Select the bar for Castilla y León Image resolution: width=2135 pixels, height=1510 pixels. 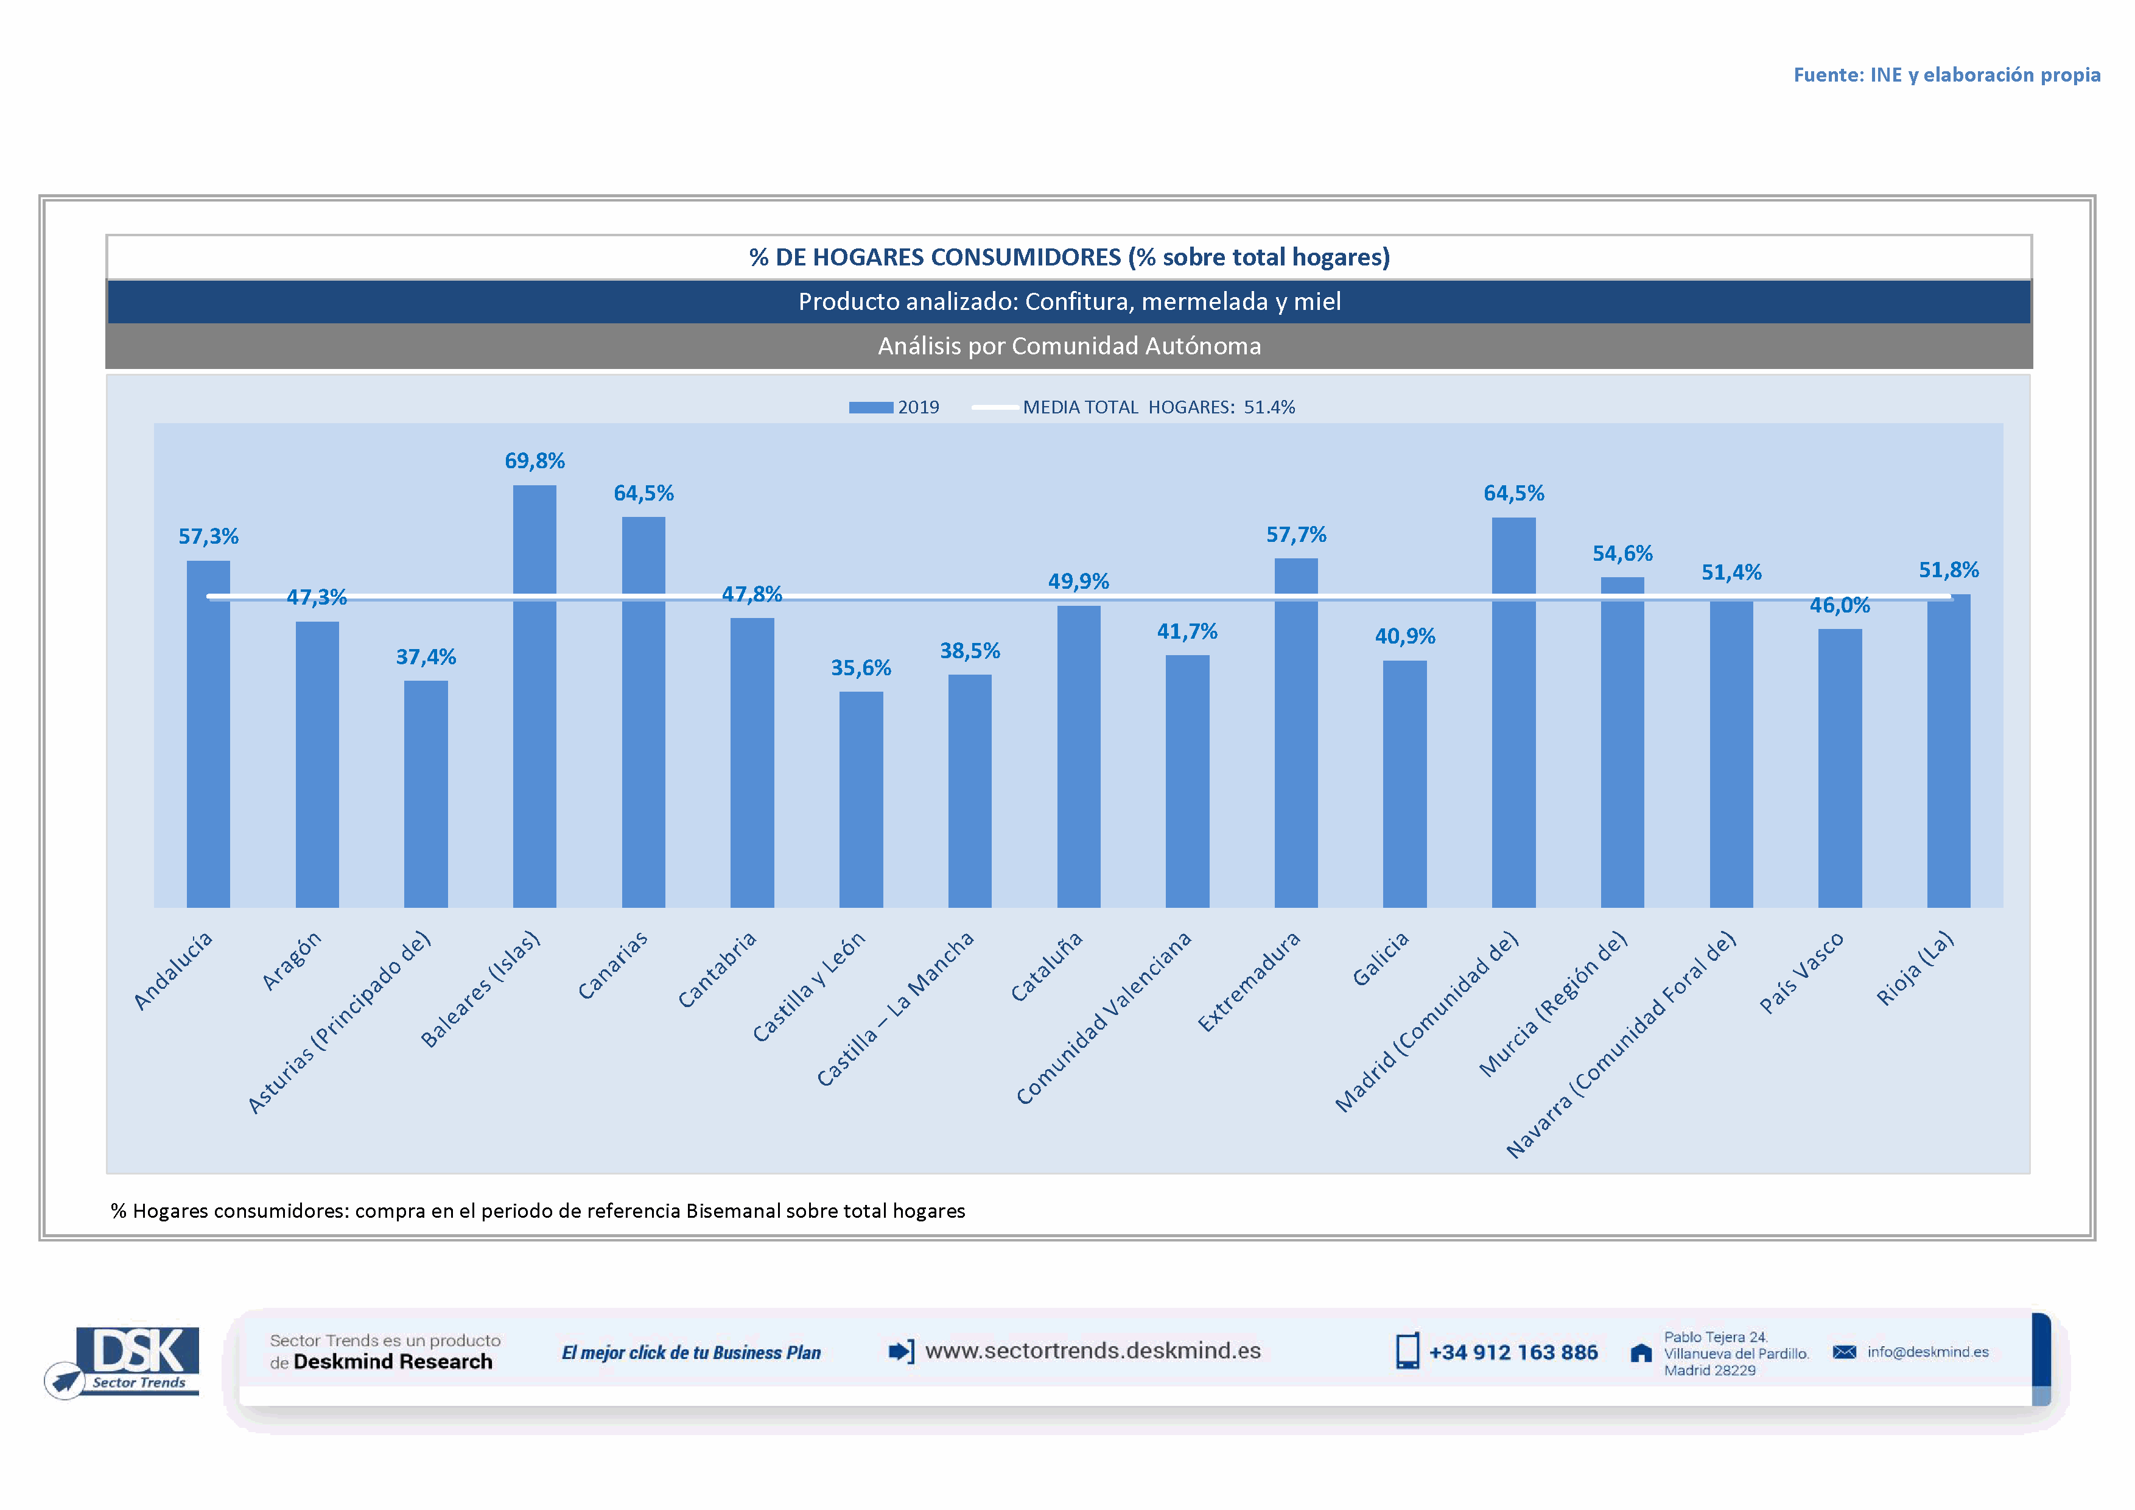click(861, 799)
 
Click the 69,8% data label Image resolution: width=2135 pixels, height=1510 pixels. click(535, 461)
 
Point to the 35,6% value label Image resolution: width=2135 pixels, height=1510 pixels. click(861, 667)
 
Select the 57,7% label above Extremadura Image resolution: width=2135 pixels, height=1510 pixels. click(1296, 535)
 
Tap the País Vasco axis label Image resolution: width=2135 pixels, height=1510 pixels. click(1801, 972)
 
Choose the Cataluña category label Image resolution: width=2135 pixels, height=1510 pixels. click(1047, 967)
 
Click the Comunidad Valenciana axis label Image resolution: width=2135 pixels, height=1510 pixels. click(1104, 1018)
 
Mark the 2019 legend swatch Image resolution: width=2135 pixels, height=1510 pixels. click(871, 407)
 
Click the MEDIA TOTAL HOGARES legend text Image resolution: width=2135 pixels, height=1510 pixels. click(1158, 407)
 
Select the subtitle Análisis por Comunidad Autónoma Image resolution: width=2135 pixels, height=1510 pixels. click(1070, 346)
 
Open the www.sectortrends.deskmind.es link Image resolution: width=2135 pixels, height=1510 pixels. click(1093, 1351)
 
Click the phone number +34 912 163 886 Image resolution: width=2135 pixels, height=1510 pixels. click(1513, 1353)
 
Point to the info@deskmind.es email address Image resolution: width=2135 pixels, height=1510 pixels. click(1927, 1352)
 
